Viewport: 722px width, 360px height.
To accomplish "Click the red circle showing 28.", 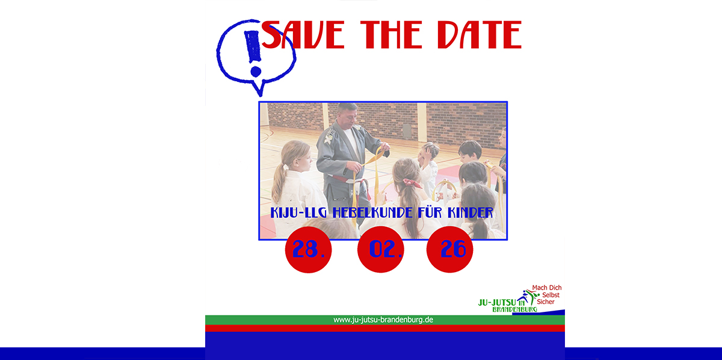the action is tap(308, 249).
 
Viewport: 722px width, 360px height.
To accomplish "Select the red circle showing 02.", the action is tap(381, 249).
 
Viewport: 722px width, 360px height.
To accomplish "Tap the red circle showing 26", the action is tap(449, 249).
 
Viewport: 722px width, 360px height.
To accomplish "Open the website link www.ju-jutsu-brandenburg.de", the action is tap(383, 320).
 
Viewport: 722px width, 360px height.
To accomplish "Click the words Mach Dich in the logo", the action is tap(547, 287).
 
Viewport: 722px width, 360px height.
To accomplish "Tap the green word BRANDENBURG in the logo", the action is tap(515, 309).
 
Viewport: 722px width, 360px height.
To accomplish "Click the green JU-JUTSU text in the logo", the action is tap(497, 302).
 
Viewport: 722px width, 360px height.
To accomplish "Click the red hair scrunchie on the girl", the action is tap(412, 183).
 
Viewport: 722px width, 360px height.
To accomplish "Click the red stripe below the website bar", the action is tap(385, 328).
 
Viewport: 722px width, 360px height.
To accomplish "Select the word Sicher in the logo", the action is tap(545, 302).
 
